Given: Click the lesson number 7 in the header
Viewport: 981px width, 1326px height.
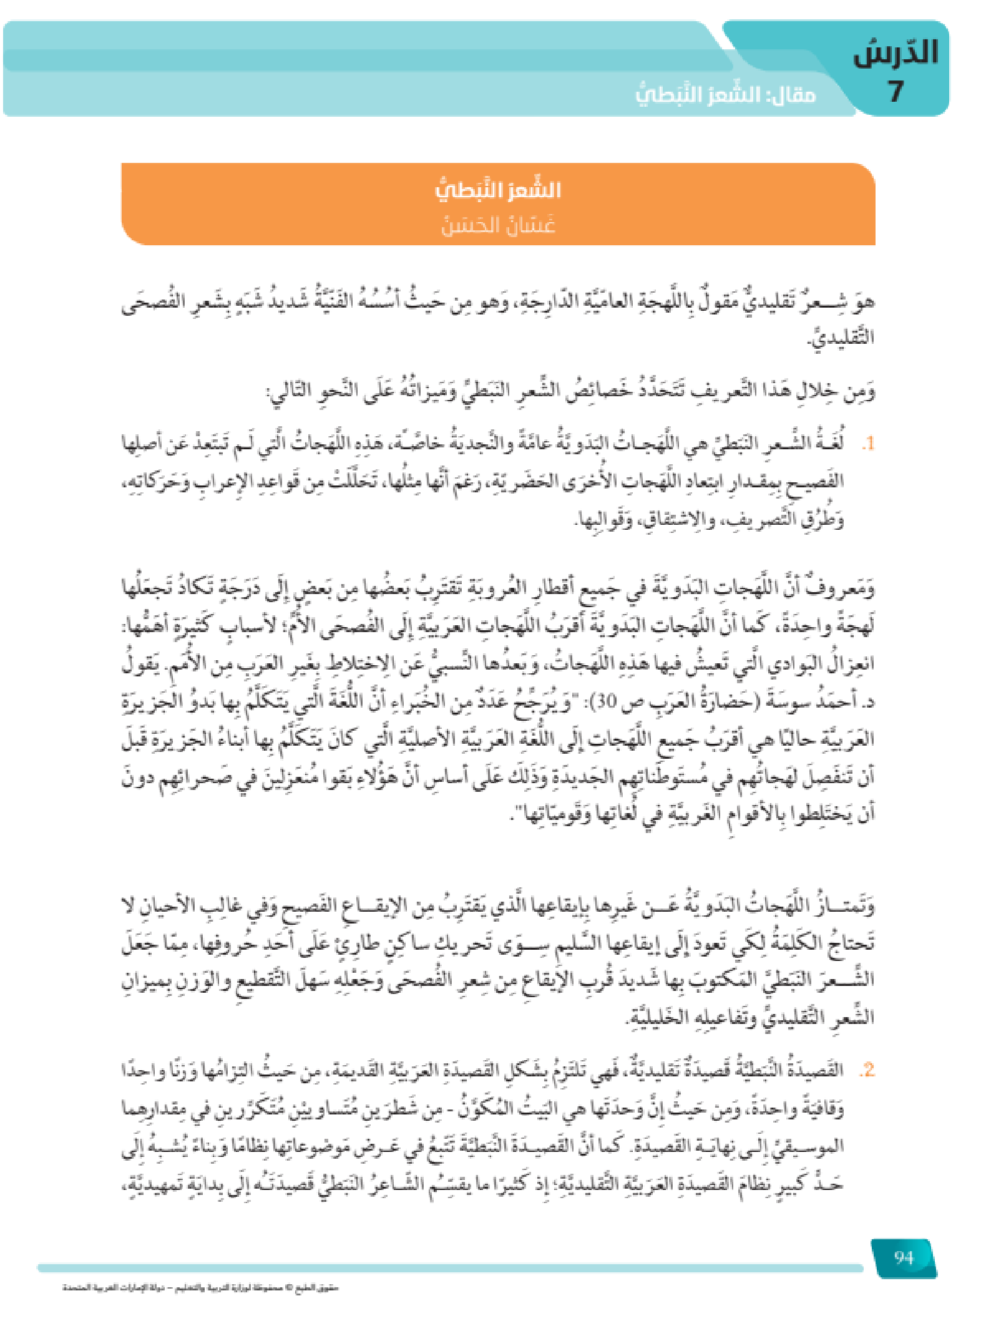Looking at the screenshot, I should pyautogui.click(x=896, y=92).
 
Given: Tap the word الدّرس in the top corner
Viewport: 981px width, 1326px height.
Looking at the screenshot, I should pyautogui.click(x=896, y=52).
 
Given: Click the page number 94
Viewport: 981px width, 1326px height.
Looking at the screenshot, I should pyautogui.click(x=904, y=1257).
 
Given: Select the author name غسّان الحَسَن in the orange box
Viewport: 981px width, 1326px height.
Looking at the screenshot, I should pyautogui.click(x=498, y=224).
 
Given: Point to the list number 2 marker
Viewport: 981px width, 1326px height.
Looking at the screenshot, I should pyautogui.click(x=866, y=1071).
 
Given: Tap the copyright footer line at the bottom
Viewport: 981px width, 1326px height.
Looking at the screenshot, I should pyautogui.click(x=200, y=1287).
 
